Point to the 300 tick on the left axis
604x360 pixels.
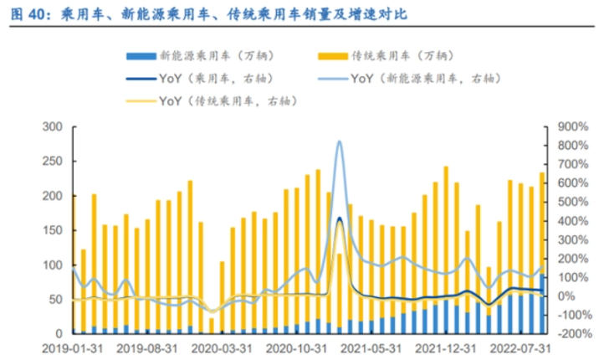click(52, 126)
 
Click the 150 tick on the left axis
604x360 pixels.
click(52, 230)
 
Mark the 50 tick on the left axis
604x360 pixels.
click(55, 299)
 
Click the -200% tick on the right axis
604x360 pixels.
click(571, 333)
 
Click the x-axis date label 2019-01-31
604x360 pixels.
click(74, 346)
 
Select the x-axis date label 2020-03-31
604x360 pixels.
click(220, 346)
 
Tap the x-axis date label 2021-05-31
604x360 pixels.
click(366, 346)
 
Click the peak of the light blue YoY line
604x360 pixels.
click(340, 141)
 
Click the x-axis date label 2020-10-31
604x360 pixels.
click(293, 346)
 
